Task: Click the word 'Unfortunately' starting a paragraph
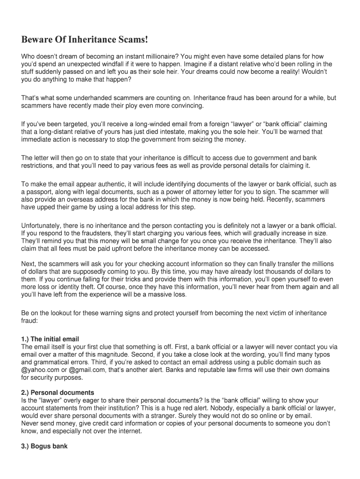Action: point(44,226)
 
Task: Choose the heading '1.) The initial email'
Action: point(50,339)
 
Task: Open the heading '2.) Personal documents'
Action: point(58,392)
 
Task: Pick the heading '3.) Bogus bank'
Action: point(44,446)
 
